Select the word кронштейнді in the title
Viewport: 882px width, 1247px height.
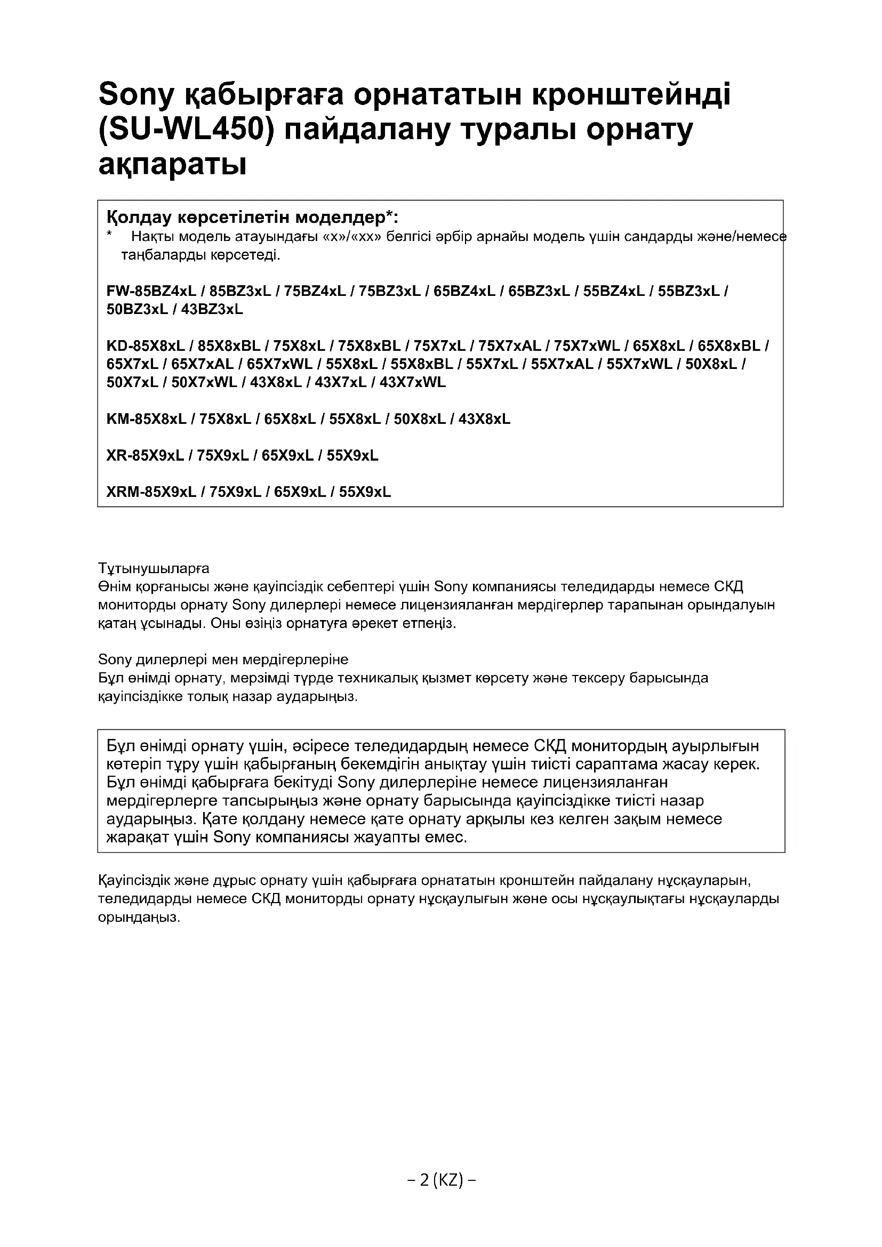630,94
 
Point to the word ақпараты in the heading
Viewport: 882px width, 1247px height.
172,165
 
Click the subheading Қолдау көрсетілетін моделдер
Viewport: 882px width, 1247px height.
252,218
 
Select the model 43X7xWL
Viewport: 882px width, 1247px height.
413,382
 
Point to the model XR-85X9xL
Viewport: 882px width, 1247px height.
145,456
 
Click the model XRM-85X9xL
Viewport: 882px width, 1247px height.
151,492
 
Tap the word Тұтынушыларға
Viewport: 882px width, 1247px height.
154,569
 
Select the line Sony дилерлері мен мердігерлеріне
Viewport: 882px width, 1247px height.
223,659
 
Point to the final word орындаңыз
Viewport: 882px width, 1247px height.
139,918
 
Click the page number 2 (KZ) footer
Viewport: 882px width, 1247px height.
442,1180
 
